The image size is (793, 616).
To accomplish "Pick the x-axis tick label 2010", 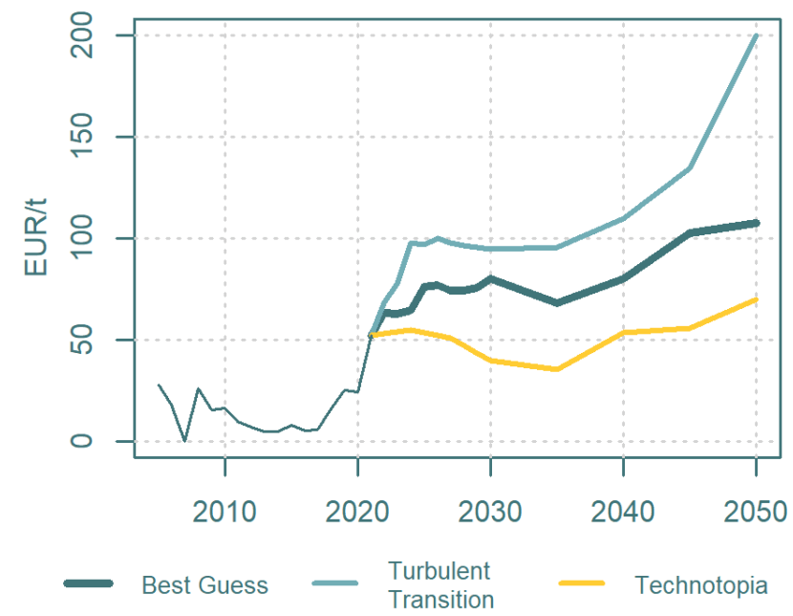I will [x=225, y=512].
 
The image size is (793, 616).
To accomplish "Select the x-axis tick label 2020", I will [x=357, y=512].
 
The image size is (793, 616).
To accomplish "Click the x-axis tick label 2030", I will [x=490, y=512].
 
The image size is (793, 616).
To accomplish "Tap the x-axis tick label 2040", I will [x=623, y=512].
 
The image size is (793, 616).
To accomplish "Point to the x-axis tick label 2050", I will [x=756, y=512].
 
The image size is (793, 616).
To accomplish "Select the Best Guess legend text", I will [x=204, y=584].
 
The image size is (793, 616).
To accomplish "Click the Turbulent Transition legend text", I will [x=440, y=584].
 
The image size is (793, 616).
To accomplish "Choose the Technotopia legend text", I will [x=700, y=584].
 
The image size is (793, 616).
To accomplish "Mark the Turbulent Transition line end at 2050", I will [x=756, y=36].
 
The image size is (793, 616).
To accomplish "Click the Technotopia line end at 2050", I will [x=756, y=299].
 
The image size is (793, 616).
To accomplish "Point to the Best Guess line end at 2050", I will [x=756, y=223].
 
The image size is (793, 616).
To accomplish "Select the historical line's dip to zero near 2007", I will [x=184, y=440].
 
